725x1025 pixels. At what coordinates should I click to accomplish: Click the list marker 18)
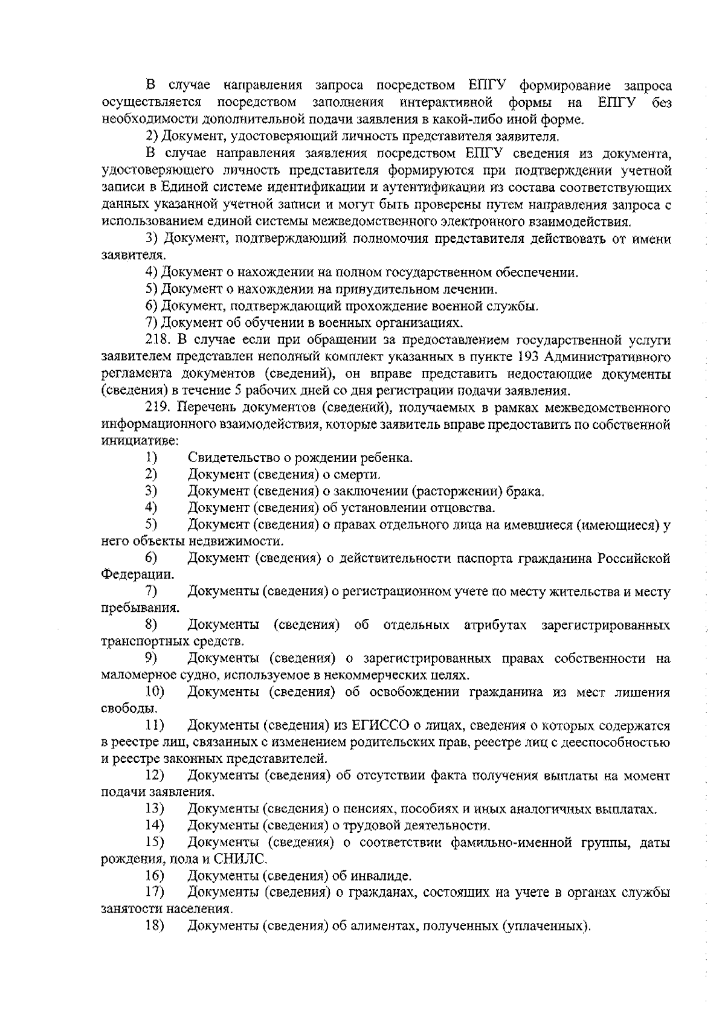[155, 926]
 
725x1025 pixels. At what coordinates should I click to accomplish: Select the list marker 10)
[155, 692]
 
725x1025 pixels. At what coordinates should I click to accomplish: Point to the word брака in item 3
[524, 491]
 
